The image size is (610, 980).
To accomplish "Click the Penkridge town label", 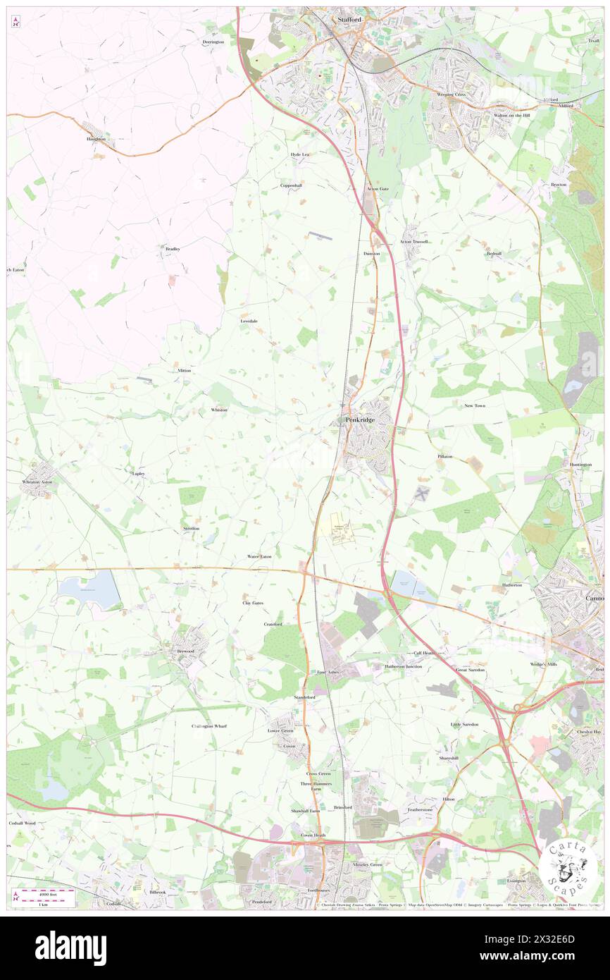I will point(360,420).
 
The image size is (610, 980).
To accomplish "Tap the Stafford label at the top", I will point(349,20).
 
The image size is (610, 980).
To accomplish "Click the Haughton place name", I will point(97,139).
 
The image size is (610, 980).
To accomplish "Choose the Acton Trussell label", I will point(413,242).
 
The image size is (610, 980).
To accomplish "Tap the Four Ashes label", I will point(329,672).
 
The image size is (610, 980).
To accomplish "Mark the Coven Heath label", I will point(313,835).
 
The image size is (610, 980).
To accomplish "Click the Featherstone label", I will point(420,809).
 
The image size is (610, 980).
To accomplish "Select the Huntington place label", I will point(580,465).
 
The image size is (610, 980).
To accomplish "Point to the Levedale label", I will point(249,321).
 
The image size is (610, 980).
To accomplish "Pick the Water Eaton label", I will point(259,556).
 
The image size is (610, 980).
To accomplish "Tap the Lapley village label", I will point(138,474).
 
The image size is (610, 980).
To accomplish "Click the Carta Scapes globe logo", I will point(568,866).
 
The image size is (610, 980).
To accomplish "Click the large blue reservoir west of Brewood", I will point(89,589).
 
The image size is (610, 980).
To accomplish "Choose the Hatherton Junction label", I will point(404,666).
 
